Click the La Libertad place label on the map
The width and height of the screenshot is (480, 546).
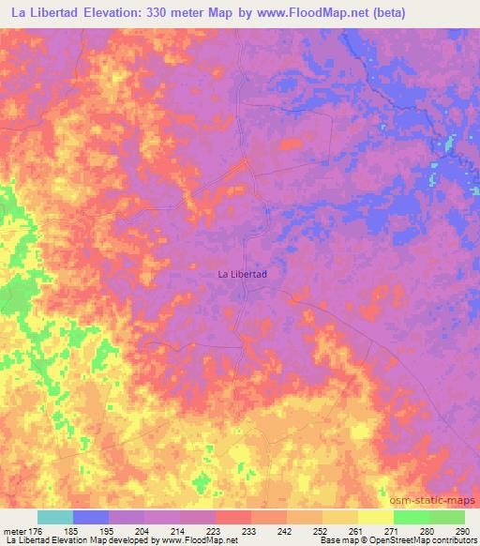[x=243, y=274]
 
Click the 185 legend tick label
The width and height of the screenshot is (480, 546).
[x=71, y=530]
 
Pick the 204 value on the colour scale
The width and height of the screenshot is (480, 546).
[x=143, y=530]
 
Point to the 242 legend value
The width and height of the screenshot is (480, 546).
[x=287, y=530]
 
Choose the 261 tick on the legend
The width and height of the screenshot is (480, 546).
[x=358, y=530]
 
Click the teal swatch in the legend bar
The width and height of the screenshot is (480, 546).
[x=54, y=517]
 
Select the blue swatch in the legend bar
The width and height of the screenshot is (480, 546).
[x=90, y=517]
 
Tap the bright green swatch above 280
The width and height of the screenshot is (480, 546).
[x=412, y=517]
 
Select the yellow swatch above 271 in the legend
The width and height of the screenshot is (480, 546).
[x=376, y=517]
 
